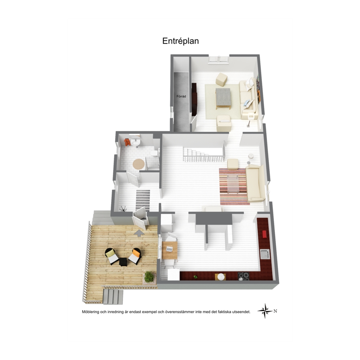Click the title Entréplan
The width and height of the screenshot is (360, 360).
point(180,41)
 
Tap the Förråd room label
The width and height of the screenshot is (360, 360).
point(181,97)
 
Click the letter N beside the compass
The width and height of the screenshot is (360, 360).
point(275,311)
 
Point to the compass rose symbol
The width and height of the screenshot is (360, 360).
point(265,311)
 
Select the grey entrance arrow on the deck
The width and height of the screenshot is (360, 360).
point(139,233)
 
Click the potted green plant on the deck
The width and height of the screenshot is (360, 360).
point(149,277)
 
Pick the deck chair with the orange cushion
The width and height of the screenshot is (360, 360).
point(135,255)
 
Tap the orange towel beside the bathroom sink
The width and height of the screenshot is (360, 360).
point(127,142)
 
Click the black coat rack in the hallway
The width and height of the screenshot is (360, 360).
point(123,208)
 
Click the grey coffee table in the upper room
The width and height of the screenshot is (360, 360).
point(223,97)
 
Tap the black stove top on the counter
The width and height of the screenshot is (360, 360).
point(244,276)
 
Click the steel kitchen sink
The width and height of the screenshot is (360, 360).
point(264,254)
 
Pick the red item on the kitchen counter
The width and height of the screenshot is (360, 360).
point(264,234)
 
